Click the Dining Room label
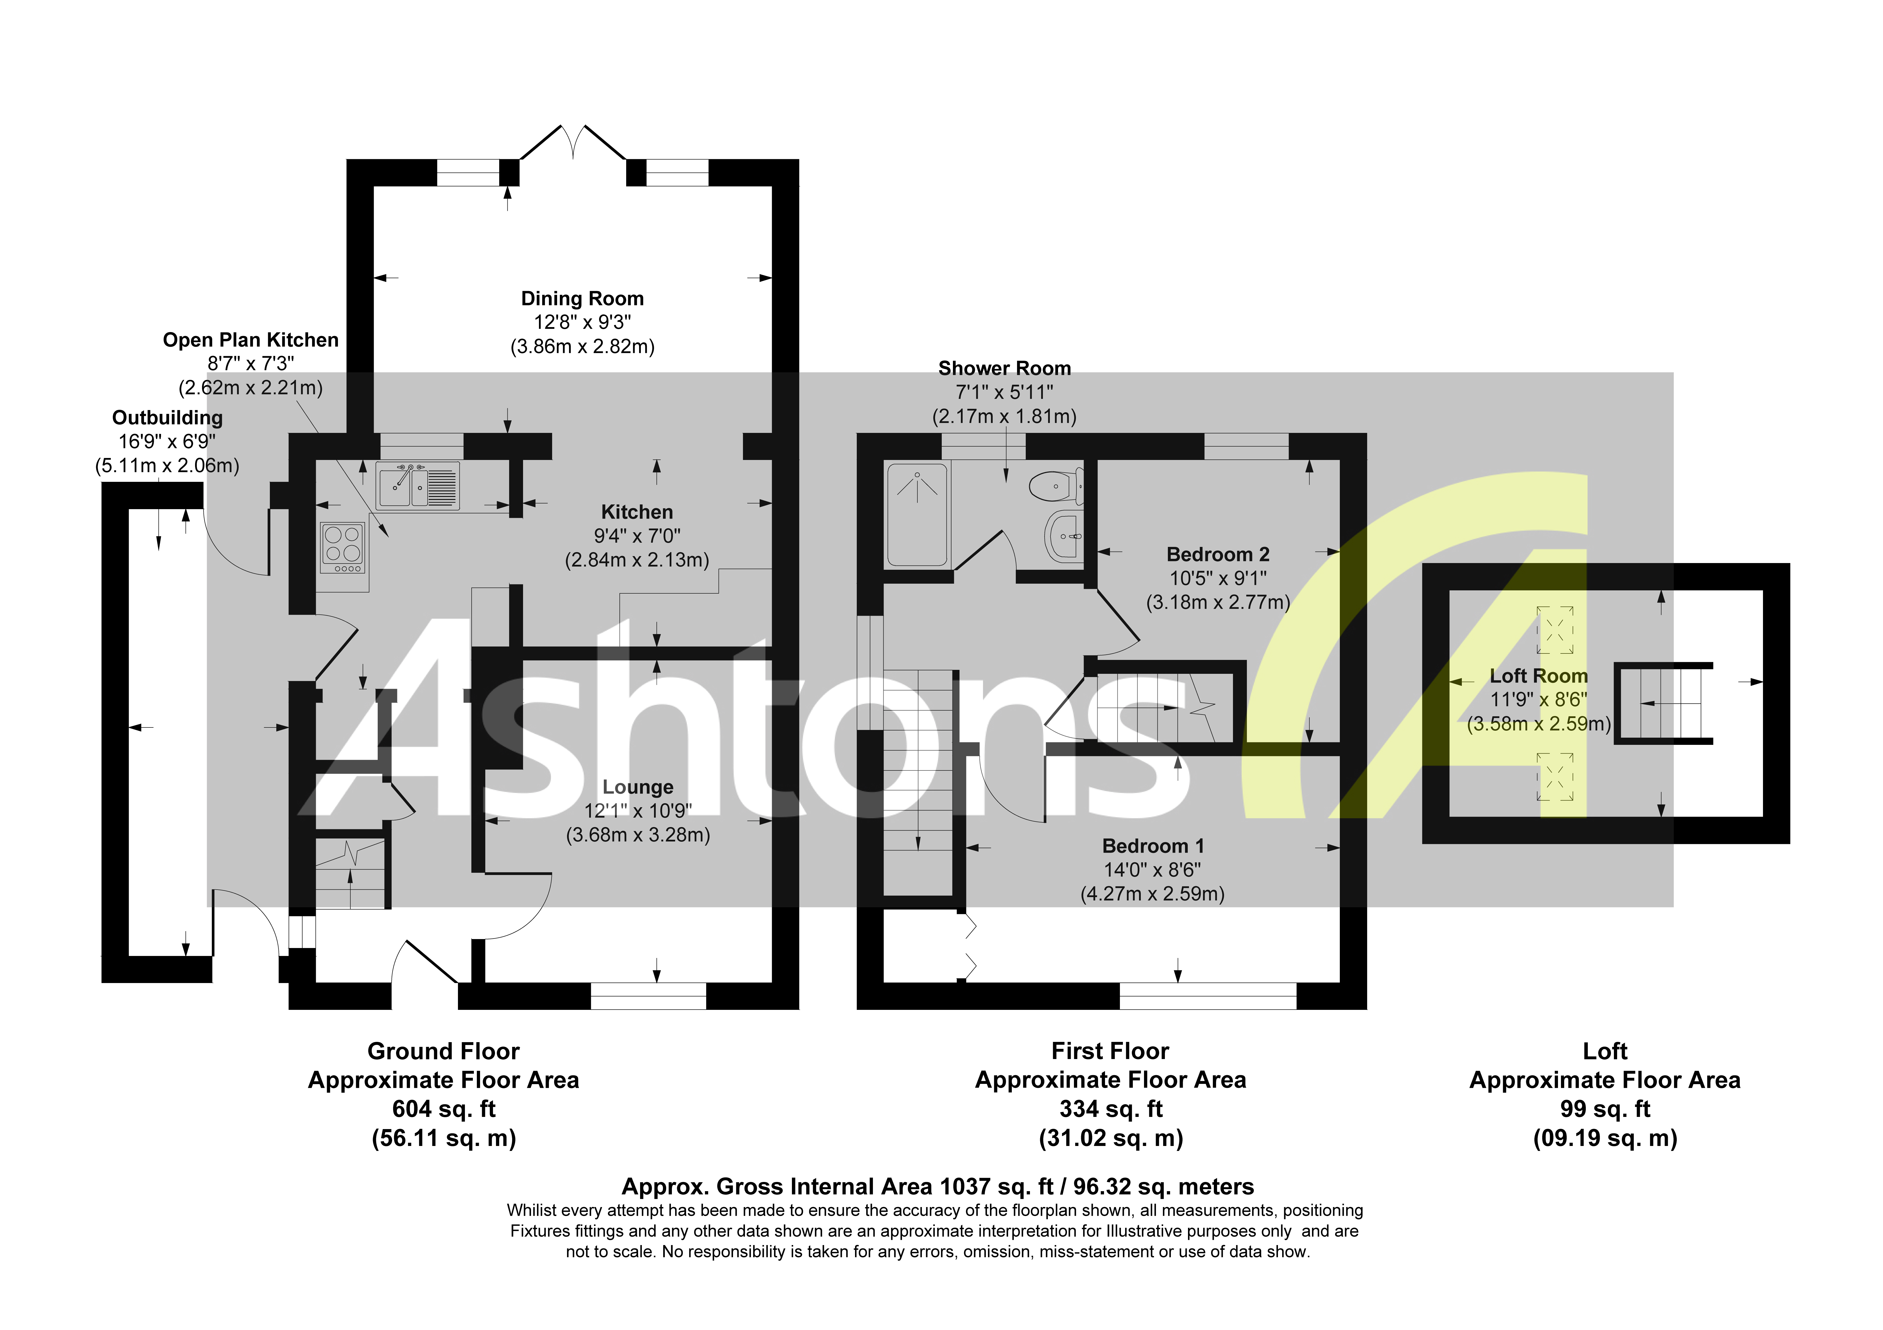(582, 299)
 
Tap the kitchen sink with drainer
(417, 485)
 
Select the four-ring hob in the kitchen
(343, 547)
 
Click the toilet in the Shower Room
(1056, 485)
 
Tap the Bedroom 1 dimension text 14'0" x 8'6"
(1152, 870)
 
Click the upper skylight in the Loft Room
(1555, 630)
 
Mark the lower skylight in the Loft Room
(1555, 776)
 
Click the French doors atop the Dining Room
(573, 145)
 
